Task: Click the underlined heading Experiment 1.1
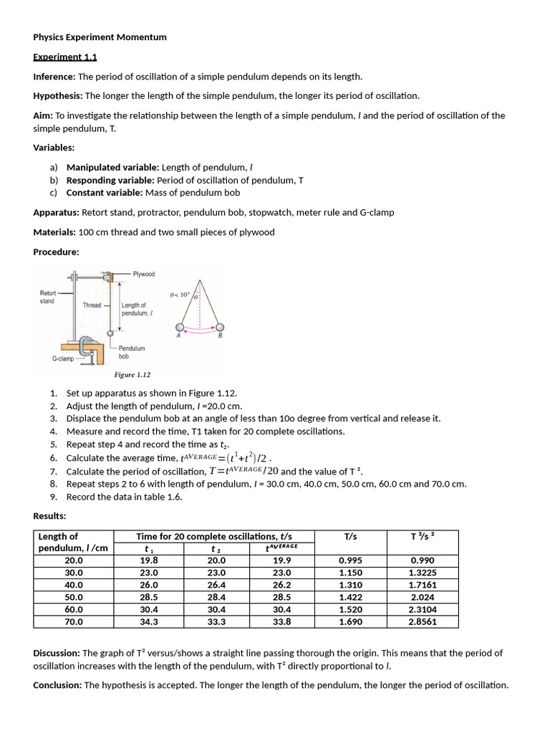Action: pyautogui.click(x=64, y=57)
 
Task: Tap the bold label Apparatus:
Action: pyautogui.click(x=56, y=213)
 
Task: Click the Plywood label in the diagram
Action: pyautogui.click(x=143, y=274)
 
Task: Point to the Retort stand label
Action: pyautogui.click(x=47, y=297)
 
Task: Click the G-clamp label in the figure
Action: pyautogui.click(x=63, y=358)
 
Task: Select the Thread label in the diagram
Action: pyautogui.click(x=92, y=305)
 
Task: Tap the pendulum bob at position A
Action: pyautogui.click(x=180, y=328)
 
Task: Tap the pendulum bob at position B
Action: pyautogui.click(x=219, y=328)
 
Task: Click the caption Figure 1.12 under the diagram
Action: pyautogui.click(x=132, y=375)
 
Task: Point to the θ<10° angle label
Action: pyautogui.click(x=179, y=295)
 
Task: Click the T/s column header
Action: pyautogui.click(x=351, y=536)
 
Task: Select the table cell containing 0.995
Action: pyautogui.click(x=351, y=561)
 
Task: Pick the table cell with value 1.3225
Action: pyautogui.click(x=423, y=573)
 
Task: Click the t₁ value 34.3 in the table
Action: pyautogui.click(x=149, y=621)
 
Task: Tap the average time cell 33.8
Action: pyautogui.click(x=282, y=621)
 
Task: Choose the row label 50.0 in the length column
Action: pyautogui.click(x=74, y=597)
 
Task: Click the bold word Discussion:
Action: pyautogui.click(x=57, y=653)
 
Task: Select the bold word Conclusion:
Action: pyautogui.click(x=58, y=685)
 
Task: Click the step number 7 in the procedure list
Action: pyautogui.click(x=54, y=471)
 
